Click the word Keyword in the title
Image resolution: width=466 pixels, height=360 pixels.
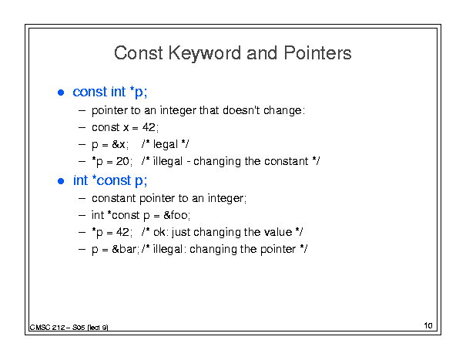[x=205, y=54]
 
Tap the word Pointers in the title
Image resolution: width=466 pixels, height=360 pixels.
[x=317, y=53]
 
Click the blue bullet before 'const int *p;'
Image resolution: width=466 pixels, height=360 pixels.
[x=61, y=93]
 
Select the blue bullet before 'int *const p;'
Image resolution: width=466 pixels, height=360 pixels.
[x=61, y=181]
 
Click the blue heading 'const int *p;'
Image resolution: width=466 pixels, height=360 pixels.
[x=109, y=92]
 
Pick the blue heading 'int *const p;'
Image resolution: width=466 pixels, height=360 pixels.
[x=110, y=180]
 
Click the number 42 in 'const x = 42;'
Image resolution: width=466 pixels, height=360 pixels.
[x=149, y=127]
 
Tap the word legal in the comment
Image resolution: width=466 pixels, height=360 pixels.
[x=166, y=145]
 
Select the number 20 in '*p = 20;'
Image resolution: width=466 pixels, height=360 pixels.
[x=122, y=161]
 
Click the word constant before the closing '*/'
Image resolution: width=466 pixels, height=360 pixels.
[x=287, y=161]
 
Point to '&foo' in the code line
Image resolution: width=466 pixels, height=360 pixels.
[x=176, y=215]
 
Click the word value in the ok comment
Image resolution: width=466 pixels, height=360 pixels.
[x=278, y=232]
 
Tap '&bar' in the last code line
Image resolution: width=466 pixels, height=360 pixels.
[x=124, y=249]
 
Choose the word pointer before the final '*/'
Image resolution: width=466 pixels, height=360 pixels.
[x=278, y=250]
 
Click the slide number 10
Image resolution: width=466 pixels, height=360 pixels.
[x=428, y=325]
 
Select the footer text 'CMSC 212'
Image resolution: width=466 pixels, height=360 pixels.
[x=47, y=328]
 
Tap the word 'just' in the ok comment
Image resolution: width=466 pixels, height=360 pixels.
[x=181, y=233]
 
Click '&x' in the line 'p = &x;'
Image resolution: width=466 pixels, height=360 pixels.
[x=119, y=144]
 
